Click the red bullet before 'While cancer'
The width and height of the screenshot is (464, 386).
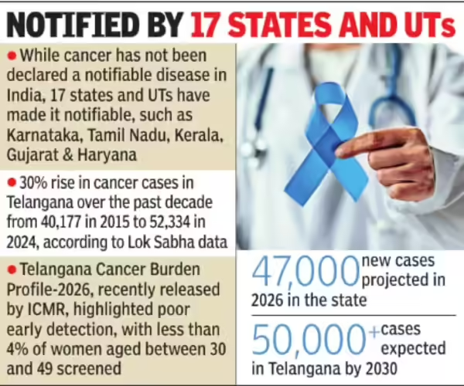[x=12, y=56]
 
